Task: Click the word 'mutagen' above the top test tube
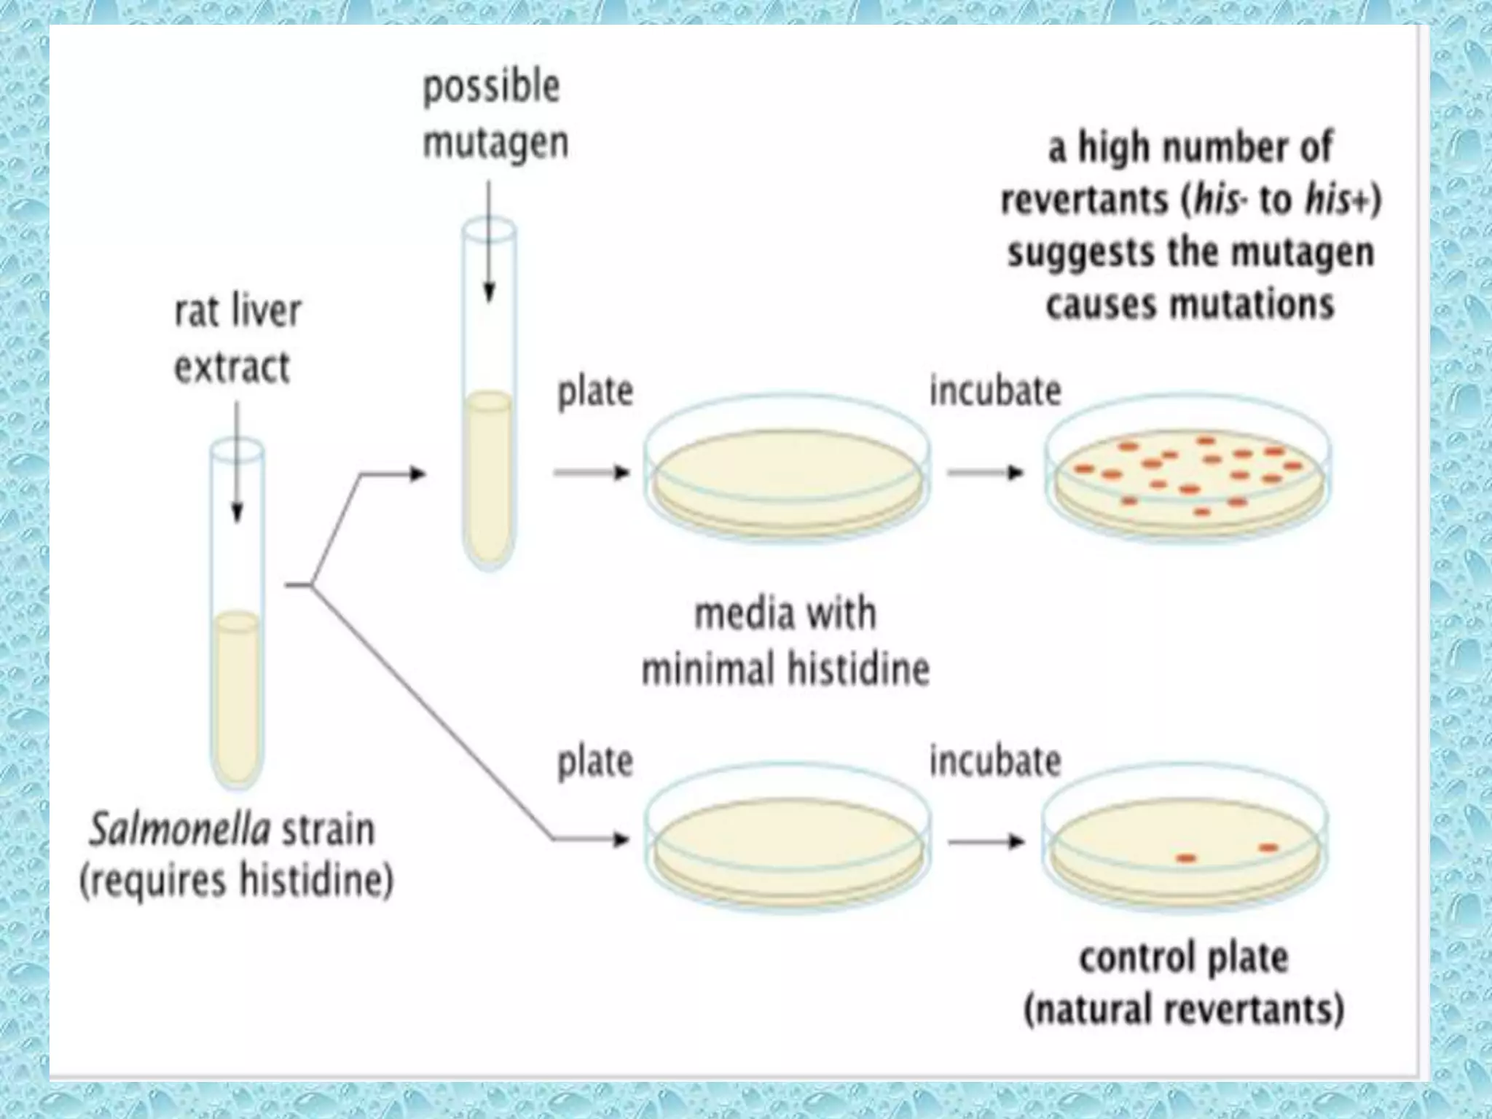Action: (x=495, y=143)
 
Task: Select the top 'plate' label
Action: (x=595, y=392)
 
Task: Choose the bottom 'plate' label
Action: (x=595, y=762)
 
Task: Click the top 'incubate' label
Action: (x=995, y=391)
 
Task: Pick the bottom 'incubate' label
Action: (x=995, y=761)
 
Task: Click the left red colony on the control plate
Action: (x=1186, y=858)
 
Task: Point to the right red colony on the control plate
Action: (x=1268, y=847)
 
